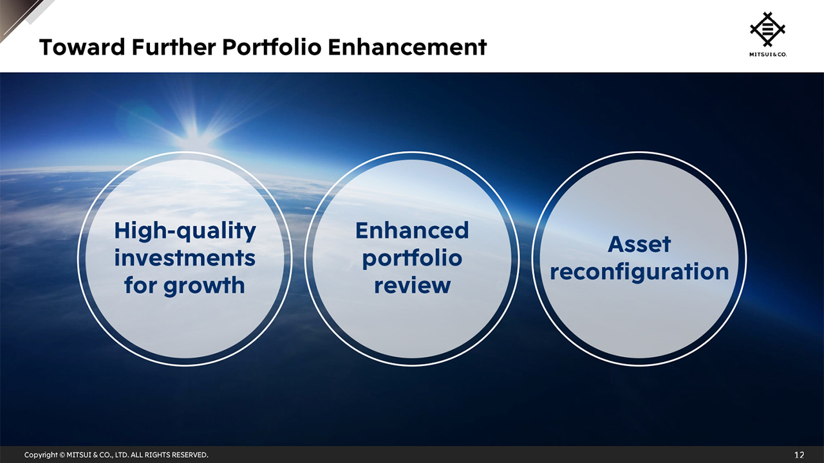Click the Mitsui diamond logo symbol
coord(767,29)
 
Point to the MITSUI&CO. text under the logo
coord(767,55)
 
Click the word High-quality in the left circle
coord(185,230)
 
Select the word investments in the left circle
coord(185,258)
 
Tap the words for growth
coord(185,285)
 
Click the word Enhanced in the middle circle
coord(412,230)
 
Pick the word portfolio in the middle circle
coord(412,258)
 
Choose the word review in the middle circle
coord(412,285)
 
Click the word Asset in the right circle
coord(639,244)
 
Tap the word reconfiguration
coord(639,271)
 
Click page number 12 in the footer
coord(799,455)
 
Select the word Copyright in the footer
coord(41,455)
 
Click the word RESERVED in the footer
coord(189,455)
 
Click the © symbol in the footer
coord(62,455)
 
